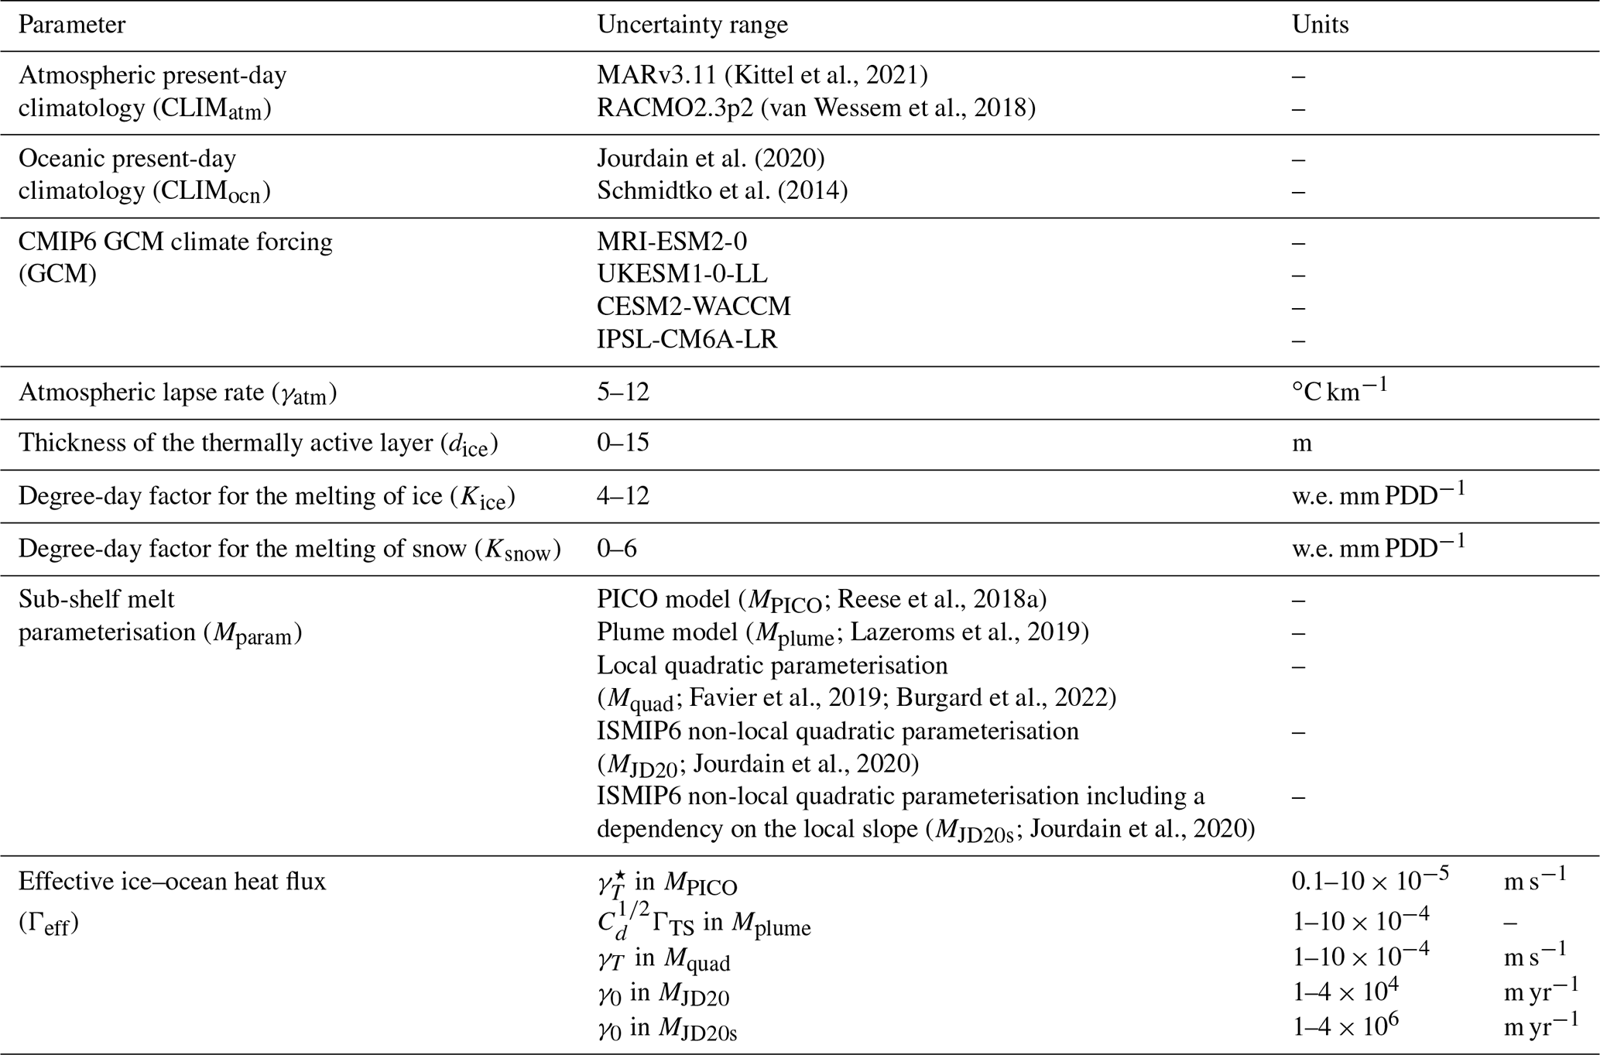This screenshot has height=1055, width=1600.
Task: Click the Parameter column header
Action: [71, 25]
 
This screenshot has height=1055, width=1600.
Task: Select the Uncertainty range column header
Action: [692, 25]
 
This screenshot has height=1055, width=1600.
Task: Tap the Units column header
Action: [1320, 25]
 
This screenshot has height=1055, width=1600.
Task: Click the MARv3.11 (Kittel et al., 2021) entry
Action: [762, 75]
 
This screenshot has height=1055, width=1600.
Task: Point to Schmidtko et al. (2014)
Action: [721, 190]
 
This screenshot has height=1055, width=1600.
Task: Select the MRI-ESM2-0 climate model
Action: [671, 241]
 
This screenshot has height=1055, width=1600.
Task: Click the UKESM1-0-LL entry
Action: [682, 274]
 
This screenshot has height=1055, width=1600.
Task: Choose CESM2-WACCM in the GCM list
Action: [694, 307]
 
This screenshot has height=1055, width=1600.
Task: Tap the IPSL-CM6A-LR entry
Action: [687, 340]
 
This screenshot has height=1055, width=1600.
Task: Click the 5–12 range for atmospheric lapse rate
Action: [622, 392]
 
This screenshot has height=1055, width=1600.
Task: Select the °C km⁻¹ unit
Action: [1338, 390]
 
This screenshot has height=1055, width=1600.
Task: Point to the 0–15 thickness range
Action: [622, 443]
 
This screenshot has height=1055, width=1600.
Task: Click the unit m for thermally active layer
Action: [1301, 444]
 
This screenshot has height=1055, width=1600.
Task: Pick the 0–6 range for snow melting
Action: [616, 549]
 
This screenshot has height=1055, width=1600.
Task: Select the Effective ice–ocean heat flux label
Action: [172, 882]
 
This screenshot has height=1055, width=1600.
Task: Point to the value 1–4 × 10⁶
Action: [1345, 1026]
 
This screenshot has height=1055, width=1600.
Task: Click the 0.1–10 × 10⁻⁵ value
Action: [1369, 880]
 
